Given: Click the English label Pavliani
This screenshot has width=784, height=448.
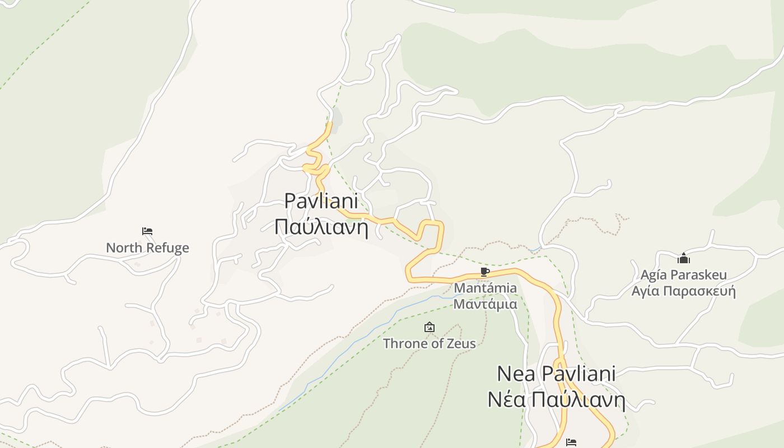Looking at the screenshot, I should click(x=321, y=202).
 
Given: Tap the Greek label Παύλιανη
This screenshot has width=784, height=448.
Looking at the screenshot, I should click(x=321, y=227).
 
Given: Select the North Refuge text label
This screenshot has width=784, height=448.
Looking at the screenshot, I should click(x=147, y=248).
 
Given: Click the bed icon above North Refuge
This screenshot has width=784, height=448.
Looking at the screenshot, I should click(x=147, y=231).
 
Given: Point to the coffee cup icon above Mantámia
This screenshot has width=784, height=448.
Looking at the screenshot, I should click(x=485, y=272).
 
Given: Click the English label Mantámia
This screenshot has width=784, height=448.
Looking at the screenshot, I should click(x=485, y=288).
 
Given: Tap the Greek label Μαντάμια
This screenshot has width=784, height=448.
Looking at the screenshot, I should click(x=485, y=304).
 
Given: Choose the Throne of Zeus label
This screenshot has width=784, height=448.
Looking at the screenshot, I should click(x=429, y=343).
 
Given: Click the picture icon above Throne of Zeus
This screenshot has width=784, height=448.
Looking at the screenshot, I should click(x=429, y=327).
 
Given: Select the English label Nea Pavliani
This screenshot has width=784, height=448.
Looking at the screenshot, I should click(x=556, y=374).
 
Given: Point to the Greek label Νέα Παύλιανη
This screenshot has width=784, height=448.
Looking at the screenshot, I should click(x=556, y=400).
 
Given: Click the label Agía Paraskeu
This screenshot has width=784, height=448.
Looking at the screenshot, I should click(x=683, y=275).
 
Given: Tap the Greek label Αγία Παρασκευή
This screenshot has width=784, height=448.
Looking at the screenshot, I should click(x=683, y=291).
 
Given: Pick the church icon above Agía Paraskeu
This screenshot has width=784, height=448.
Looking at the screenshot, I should click(x=683, y=258).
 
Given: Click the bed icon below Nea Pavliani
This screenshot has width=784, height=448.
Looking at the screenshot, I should click(x=571, y=442).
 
